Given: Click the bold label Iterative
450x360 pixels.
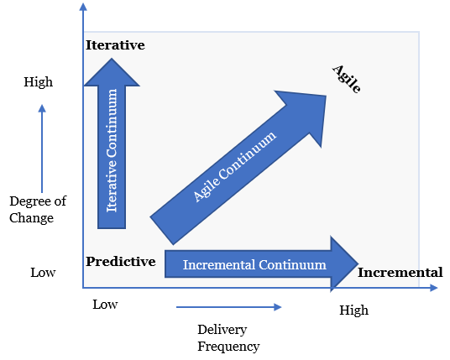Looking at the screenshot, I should coord(115,44).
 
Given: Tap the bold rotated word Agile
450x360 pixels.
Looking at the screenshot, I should coord(346,78).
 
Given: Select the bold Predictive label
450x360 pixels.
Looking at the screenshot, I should coord(121,262).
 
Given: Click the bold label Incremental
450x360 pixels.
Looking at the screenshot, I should coord(400,273).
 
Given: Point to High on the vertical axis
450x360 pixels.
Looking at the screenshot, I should coord(39,82).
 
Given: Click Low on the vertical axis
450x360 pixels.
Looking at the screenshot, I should coord(43,273).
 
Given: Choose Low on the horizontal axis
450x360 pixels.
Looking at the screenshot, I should coord(105,305).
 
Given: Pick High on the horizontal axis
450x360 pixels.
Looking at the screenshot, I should coord(353,310).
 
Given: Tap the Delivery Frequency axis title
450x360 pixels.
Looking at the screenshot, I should coord(228,337).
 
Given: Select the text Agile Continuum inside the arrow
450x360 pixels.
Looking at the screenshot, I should coord(234,165).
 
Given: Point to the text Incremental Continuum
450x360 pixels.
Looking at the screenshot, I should coord(254,265).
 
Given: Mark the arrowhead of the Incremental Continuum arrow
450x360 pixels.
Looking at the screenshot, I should coord(344,264).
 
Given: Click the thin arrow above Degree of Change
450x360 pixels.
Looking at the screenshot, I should coord(42,147).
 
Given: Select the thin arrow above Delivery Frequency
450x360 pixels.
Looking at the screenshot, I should coord(227,307).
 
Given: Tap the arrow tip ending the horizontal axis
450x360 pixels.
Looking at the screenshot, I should coord(434,288).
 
